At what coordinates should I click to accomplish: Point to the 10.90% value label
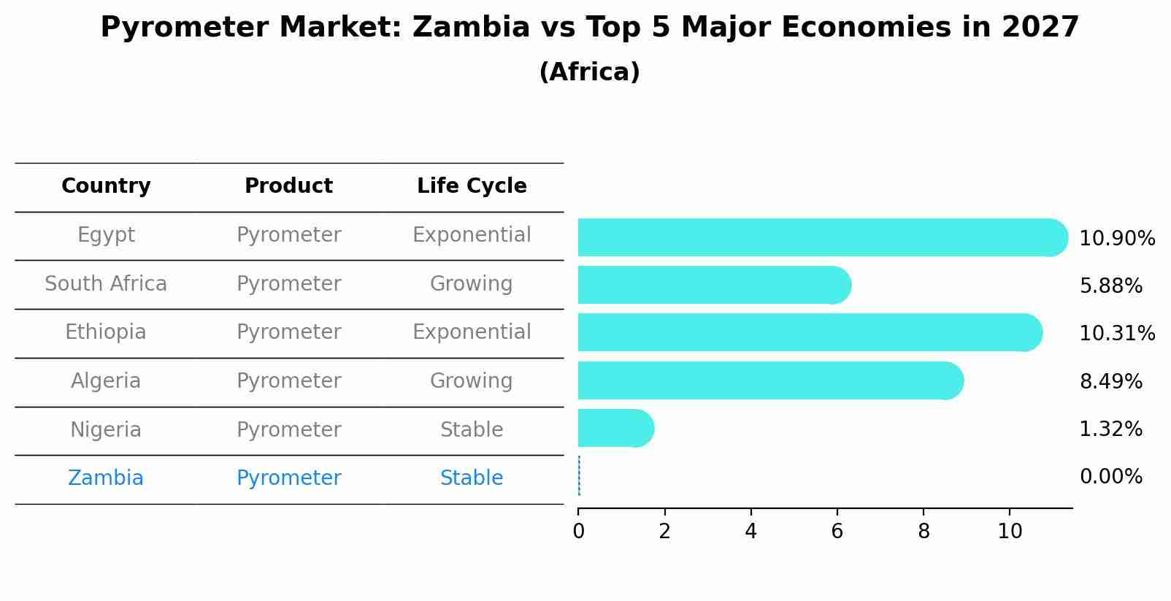point(1117,239)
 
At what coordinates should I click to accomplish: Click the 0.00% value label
point(1110,477)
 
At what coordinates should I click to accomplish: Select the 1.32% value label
point(1110,429)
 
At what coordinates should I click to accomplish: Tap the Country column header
point(106,186)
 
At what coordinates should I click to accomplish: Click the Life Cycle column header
point(472,186)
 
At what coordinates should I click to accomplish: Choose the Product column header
point(288,186)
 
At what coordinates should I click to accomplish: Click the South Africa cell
point(106,283)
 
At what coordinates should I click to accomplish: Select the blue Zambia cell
point(106,478)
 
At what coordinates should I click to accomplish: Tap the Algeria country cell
point(106,380)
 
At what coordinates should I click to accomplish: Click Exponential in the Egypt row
point(472,235)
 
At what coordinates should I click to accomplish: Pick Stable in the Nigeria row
point(472,429)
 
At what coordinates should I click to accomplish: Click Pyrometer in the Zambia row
point(288,478)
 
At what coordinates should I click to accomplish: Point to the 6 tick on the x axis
point(837,532)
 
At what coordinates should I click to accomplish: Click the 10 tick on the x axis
point(1010,532)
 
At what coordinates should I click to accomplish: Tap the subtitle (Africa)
point(589,72)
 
